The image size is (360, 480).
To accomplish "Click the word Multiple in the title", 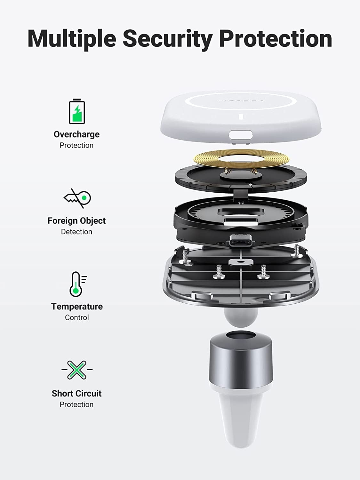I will point(72,38).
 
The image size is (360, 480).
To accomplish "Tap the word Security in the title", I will point(167,38).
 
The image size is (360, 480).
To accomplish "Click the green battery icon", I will point(77,112).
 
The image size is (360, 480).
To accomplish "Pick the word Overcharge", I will point(76,134).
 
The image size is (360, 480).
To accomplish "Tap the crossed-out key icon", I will point(77,198).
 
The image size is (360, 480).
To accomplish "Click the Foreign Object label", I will point(76,221).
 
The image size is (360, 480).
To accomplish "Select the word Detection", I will point(76,232).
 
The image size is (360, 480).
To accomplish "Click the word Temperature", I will point(77,307).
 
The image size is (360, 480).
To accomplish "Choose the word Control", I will point(77,317).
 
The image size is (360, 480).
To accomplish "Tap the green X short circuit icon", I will point(77,370).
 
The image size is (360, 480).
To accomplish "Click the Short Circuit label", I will point(76,393).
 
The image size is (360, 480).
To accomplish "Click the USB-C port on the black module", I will point(240,240).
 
